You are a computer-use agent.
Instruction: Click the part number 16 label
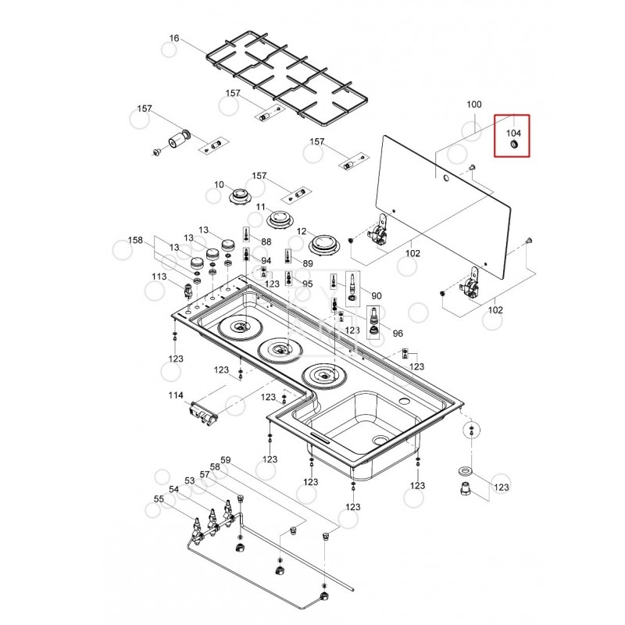pos(174,38)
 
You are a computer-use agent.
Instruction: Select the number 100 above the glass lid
pos(474,104)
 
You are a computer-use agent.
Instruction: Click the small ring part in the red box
pos(514,146)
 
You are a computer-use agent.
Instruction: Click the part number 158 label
pos(136,241)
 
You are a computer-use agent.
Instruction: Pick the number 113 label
pos(159,277)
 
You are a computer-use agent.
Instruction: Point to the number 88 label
pos(266,242)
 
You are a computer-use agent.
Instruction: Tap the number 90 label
pos(377,296)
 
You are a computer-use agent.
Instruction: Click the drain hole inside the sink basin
pos(380,441)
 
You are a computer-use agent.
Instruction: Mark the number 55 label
pos(159,498)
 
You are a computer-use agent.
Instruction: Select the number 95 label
pos(308,284)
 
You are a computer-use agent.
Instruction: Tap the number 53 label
pos(189,480)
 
